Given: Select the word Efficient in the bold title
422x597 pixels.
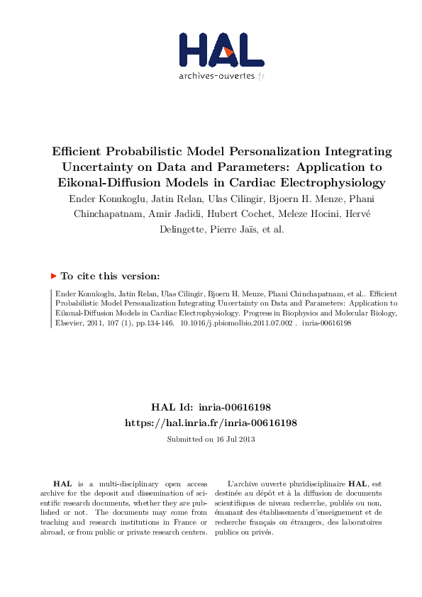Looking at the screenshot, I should point(79,152).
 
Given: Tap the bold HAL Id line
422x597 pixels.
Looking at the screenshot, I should point(211,408).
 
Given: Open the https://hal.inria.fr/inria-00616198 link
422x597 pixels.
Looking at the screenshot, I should point(211,422).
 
